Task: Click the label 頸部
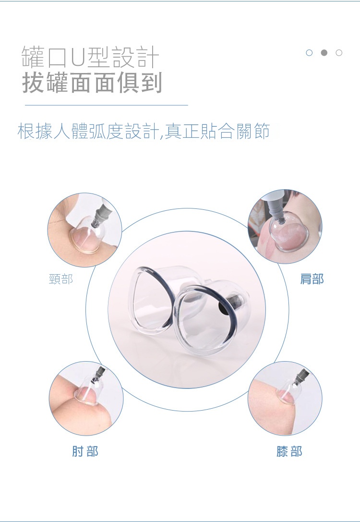click(61, 279)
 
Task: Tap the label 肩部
click(312, 279)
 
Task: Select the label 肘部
click(85, 451)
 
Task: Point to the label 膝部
click(289, 451)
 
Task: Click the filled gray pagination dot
click(324, 53)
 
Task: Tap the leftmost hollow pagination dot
click(309, 53)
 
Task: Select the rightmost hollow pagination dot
click(339, 53)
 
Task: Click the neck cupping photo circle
click(85, 230)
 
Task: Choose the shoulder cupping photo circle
click(285, 226)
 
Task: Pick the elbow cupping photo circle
click(86, 399)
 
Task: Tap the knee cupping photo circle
click(285, 399)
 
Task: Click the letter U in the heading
click(79, 58)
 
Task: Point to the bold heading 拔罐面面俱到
click(92, 82)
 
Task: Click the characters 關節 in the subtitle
click(252, 131)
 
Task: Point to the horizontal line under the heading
click(107, 105)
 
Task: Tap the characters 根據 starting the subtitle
click(35, 131)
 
